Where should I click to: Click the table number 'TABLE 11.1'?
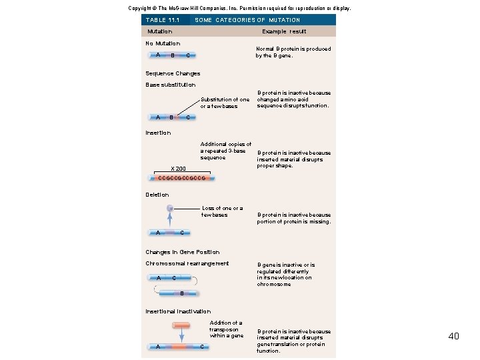(163, 20)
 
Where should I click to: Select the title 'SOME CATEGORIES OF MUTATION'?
(247, 20)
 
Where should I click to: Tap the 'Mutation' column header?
(160, 31)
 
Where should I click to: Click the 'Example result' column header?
(284, 31)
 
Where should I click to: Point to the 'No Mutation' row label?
(163, 43)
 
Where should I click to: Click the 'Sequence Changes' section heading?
(173, 73)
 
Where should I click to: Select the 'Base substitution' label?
(171, 85)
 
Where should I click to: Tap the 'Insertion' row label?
(158, 133)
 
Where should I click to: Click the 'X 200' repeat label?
(178, 169)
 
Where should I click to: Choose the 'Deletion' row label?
(157, 195)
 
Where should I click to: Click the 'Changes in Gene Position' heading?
(182, 252)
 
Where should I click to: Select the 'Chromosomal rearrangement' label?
(187, 263)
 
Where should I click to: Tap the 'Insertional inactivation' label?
(178, 311)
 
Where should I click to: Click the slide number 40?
(453, 336)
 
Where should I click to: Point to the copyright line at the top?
(239, 8)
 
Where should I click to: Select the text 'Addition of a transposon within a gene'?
(227, 329)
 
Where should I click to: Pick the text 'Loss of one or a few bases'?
(222, 211)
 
